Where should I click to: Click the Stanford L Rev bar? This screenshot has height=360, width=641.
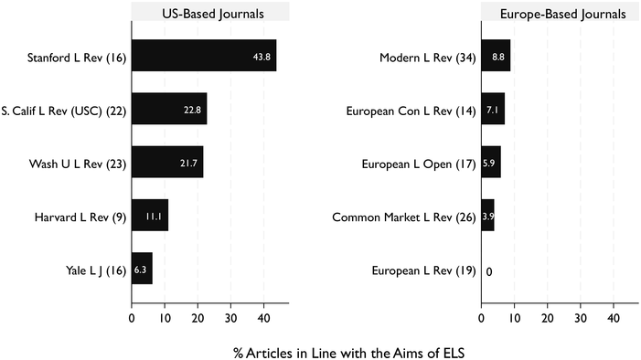pyautogui.click(x=203, y=56)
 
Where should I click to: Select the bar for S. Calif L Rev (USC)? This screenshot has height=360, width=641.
pyautogui.click(x=169, y=110)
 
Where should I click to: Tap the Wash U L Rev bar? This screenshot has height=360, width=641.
pyautogui.click(x=167, y=163)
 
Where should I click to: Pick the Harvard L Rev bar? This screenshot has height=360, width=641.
pyautogui.click(x=150, y=217)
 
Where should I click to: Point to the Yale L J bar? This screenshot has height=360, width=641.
pyautogui.click(x=142, y=270)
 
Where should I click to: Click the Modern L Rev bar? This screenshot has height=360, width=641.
pyautogui.click(x=496, y=56)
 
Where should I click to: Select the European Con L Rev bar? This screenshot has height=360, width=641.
pyautogui.click(x=493, y=110)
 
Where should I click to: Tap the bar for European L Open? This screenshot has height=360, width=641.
pyautogui.click(x=491, y=163)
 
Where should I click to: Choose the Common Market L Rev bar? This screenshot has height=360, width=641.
pyautogui.click(x=487, y=217)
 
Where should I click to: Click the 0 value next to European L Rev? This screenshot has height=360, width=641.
pyautogui.click(x=490, y=270)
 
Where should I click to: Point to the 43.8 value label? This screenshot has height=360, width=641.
pyautogui.click(x=262, y=57)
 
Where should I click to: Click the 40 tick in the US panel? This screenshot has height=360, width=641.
pyautogui.click(x=263, y=319)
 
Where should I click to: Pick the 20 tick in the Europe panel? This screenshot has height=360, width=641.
pyautogui.click(x=547, y=319)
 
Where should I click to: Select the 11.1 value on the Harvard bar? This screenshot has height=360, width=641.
pyautogui.click(x=154, y=217)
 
